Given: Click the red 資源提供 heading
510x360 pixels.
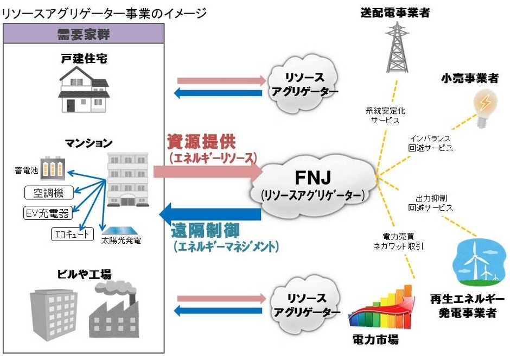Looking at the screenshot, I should [200, 142].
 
